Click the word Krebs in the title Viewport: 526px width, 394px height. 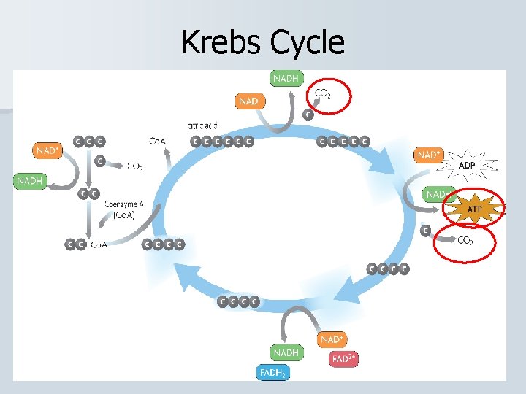(221, 42)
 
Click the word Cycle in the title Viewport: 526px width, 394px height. (306, 42)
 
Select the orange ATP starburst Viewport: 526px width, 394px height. (475, 209)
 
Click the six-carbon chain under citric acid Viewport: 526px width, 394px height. (222, 142)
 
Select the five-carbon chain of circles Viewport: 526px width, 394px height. (343, 142)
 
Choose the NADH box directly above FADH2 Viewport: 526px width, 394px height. (286, 352)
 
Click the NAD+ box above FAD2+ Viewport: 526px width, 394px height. (332, 339)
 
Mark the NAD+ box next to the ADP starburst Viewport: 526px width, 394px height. (429, 155)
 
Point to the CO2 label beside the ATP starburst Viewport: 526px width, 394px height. (465, 240)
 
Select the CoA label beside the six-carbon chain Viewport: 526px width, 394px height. (157, 141)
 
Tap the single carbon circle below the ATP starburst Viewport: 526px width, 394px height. (426, 231)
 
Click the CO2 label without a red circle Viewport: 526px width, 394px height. (134, 166)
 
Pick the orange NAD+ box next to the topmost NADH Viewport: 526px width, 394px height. (249, 101)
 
